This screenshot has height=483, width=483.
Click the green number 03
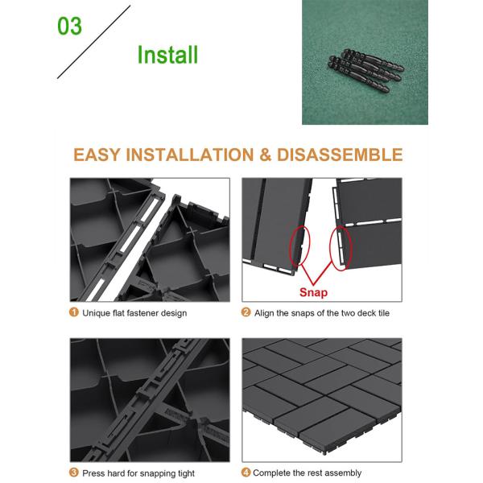point(69,27)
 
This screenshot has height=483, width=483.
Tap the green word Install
point(167,55)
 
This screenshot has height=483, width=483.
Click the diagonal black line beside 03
point(93,42)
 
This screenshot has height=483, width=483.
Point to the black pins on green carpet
point(366,70)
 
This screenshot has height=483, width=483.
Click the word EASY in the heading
point(97,155)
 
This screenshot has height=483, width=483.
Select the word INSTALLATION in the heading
point(190,155)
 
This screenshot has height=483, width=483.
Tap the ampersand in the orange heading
point(265,155)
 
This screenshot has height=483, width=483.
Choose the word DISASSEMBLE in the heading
point(340,155)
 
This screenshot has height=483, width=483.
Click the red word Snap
point(313,292)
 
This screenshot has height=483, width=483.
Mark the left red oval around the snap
point(290,246)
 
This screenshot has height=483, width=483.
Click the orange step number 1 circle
point(74,312)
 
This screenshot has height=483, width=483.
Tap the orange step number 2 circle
point(246,312)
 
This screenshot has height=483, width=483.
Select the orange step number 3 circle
point(74,473)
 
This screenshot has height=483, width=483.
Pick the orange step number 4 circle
point(246,473)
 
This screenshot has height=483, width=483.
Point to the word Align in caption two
point(264,313)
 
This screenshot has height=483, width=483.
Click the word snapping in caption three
point(154,473)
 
